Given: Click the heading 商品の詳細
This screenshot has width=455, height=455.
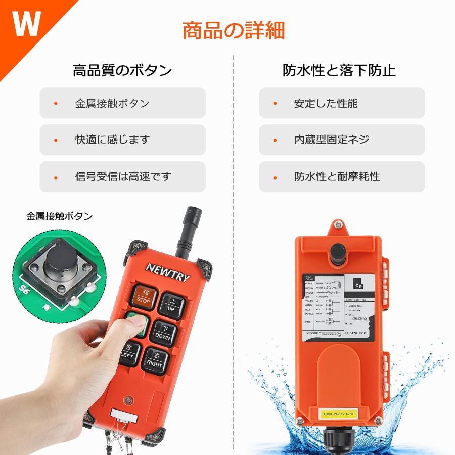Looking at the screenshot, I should click(x=234, y=30).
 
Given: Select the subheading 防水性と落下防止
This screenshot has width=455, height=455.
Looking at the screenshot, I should click(x=339, y=70).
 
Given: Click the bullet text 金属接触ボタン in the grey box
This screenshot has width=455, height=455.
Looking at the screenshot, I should click(x=112, y=104).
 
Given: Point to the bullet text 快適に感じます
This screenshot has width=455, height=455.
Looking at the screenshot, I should click(x=113, y=140).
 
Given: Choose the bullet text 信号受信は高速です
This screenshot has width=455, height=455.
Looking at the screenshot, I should click(x=123, y=177).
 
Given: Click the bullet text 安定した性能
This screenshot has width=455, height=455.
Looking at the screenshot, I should click(x=326, y=104).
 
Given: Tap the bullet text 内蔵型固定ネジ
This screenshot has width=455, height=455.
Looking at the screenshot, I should click(x=332, y=140).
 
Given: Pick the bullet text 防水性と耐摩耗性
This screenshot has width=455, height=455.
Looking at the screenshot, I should click(x=337, y=177).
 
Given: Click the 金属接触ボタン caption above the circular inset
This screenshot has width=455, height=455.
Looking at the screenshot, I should click(x=60, y=216).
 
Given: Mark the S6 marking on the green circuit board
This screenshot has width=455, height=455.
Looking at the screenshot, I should click(x=24, y=290).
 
